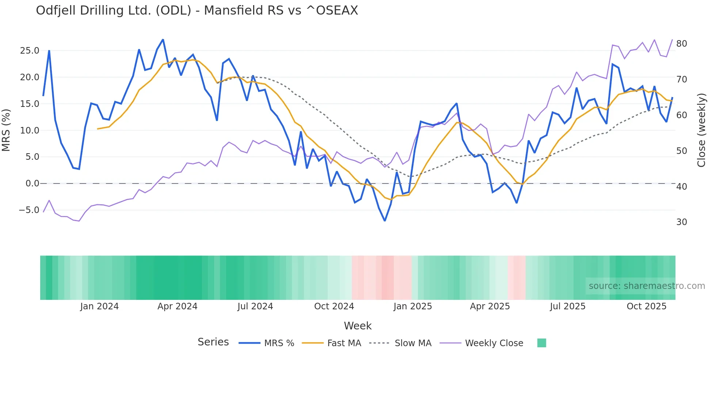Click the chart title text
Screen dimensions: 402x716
tap(197, 11)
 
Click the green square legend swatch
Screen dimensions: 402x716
tap(542, 343)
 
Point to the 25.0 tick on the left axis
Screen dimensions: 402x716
tap(30, 51)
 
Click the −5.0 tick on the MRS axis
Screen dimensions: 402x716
tap(29, 210)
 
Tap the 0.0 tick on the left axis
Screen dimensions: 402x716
tap(32, 183)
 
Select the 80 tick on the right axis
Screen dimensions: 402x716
tap(682, 44)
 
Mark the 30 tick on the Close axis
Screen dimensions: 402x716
tap(682, 222)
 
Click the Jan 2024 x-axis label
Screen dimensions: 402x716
tap(99, 306)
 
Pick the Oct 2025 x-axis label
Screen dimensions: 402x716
tap(647, 306)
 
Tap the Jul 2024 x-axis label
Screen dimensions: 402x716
tap(255, 306)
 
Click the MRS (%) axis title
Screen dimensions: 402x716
tap(6, 130)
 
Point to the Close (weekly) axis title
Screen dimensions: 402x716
tap(701, 130)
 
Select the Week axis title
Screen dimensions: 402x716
tap(358, 326)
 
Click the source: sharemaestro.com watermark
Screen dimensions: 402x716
tap(647, 286)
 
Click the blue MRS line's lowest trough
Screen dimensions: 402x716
tap(385, 221)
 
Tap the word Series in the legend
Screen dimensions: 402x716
tap(213, 342)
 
